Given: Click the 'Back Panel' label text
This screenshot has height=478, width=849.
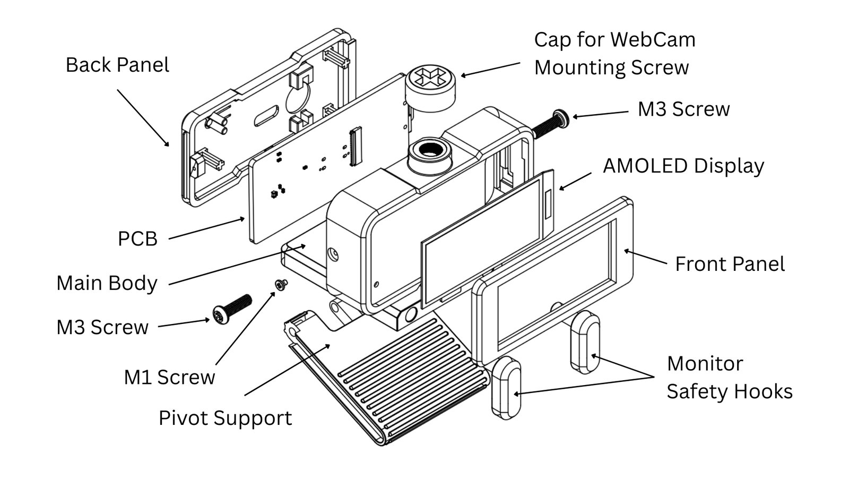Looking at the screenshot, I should tap(117, 65).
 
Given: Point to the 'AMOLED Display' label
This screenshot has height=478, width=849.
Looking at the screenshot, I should tap(683, 166).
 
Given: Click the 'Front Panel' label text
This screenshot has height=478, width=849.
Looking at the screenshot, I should tap(730, 264).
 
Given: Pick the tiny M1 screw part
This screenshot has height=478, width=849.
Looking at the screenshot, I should tap(280, 285).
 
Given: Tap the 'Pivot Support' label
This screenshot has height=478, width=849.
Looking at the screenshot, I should tap(225, 418).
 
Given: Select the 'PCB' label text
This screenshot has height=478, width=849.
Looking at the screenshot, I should tap(137, 239).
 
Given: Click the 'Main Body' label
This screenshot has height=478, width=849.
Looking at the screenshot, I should tap(107, 283).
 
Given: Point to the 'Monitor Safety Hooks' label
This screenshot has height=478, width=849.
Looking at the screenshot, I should tap(729, 378).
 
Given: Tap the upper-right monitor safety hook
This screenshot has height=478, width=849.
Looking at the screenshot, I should tap(585, 342).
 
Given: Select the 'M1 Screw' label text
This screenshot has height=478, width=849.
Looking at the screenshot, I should tap(169, 377).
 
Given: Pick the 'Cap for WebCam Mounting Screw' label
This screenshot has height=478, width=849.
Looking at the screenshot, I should tap(614, 54).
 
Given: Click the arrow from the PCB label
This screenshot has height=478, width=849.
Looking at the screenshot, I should tap(206, 229).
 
